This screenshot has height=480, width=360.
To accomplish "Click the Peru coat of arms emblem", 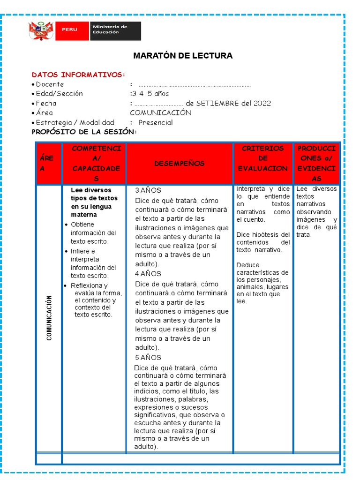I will (41, 31).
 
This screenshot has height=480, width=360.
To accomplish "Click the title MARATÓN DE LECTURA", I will (183, 56).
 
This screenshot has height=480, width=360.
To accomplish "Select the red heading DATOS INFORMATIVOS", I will (78, 75).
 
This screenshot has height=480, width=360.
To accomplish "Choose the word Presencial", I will (156, 122).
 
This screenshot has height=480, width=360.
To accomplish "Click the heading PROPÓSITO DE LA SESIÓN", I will (84, 132).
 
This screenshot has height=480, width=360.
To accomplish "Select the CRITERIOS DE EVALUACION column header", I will (262, 158).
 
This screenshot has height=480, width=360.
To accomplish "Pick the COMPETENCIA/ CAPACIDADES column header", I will (96, 163).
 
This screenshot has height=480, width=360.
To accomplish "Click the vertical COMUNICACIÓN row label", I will (49, 317).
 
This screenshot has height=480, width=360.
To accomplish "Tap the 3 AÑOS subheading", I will (148, 190).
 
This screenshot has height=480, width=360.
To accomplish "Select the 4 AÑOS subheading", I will (148, 274).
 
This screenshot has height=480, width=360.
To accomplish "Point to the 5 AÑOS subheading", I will (148, 357).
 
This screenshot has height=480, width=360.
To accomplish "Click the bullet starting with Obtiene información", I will (93, 233).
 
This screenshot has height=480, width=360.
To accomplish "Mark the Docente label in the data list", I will (50, 84).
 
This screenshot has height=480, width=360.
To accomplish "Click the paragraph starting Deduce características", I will (262, 283).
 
